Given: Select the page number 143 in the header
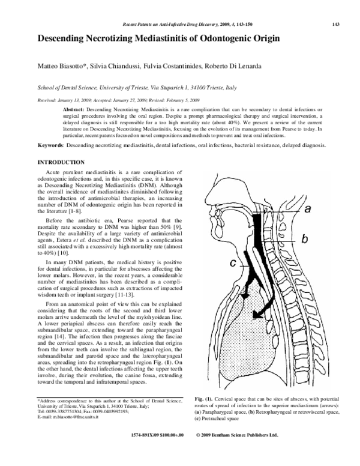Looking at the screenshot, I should pyautogui.click(x=336, y=24).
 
